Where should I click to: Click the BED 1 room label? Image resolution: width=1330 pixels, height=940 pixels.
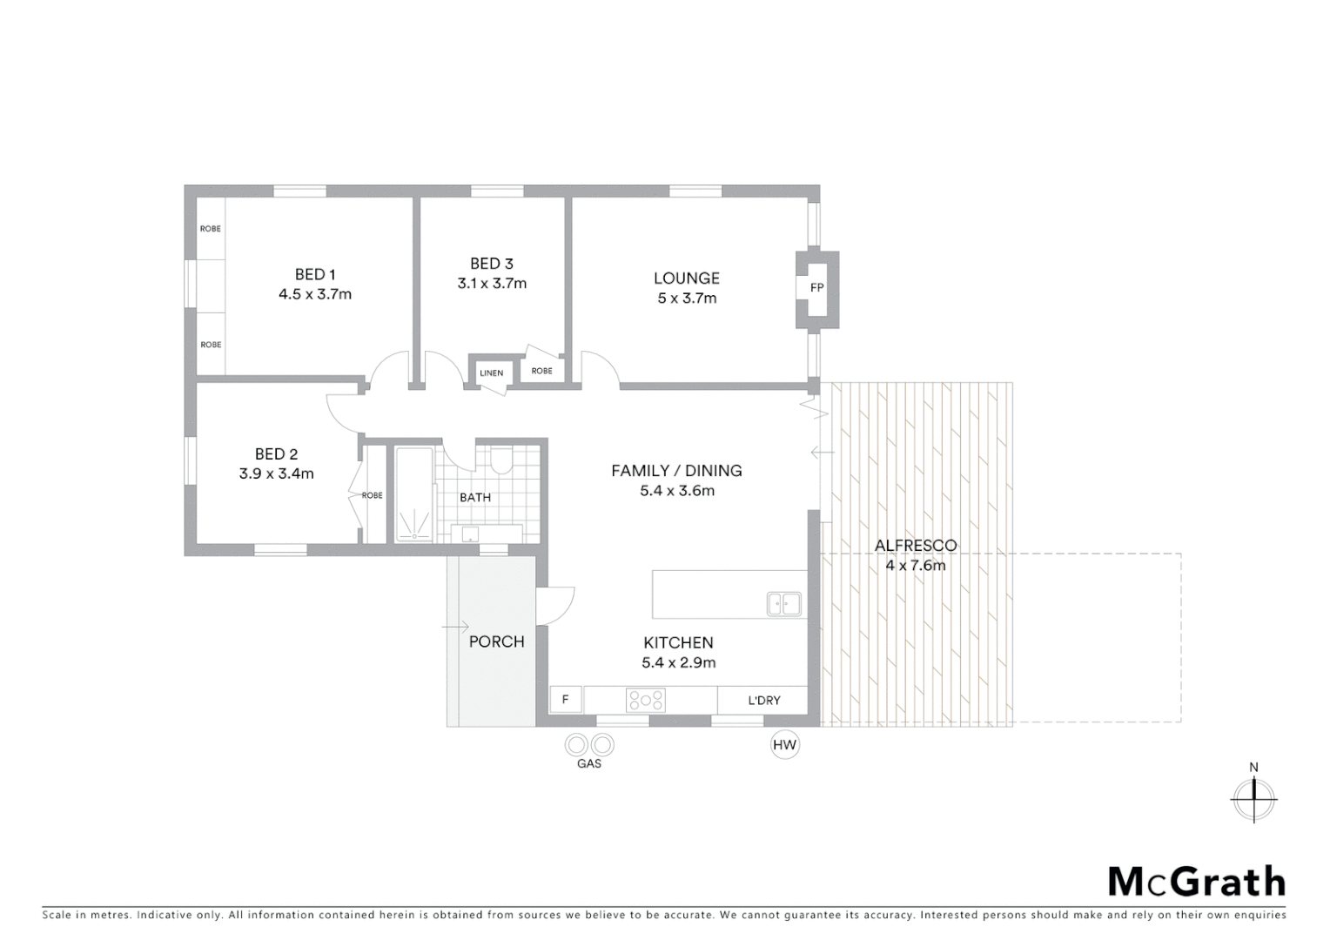click(315, 274)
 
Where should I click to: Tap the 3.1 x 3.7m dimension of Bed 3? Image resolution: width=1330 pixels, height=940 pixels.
click(492, 284)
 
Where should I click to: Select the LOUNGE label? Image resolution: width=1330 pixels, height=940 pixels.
click(687, 279)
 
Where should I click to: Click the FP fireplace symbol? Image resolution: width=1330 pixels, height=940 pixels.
click(816, 288)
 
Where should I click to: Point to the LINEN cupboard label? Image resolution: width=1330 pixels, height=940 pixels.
click(491, 373)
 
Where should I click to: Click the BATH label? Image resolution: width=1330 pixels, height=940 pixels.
click(475, 498)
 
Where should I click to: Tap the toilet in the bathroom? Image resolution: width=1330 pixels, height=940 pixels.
click(501, 460)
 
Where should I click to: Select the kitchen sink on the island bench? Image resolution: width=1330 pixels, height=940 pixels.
click(783, 603)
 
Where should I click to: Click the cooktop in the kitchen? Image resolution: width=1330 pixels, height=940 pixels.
click(646, 700)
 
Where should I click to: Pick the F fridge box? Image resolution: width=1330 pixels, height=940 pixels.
click(566, 700)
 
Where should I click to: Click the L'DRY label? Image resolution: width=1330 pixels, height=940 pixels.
click(764, 701)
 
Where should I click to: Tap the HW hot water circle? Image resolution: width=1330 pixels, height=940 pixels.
click(785, 745)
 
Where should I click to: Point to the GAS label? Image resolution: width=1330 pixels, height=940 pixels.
click(589, 764)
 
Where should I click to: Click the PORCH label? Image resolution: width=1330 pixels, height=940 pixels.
click(496, 641)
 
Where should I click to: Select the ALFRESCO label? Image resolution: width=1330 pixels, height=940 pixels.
click(916, 546)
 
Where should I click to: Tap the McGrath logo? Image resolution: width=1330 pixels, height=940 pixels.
click(1197, 882)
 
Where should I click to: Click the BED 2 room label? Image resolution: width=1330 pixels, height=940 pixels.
click(276, 454)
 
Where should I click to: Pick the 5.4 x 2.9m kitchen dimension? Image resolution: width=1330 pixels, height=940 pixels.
click(678, 663)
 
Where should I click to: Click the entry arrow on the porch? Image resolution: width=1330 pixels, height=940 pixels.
click(455, 627)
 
